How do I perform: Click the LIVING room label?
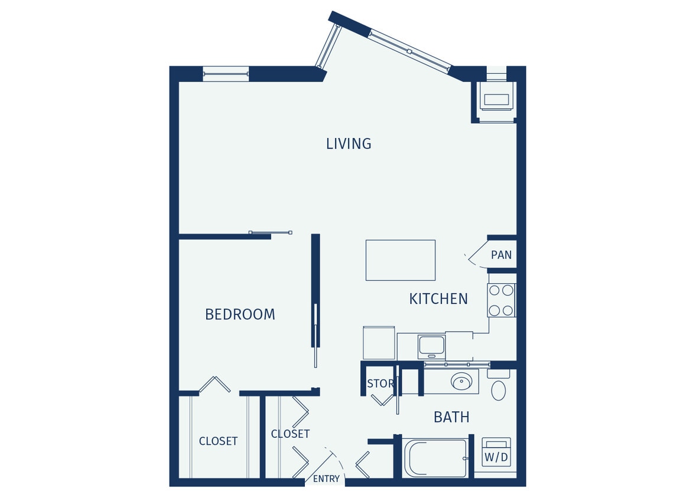tap(349, 143)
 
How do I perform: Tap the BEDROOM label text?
tap(240, 314)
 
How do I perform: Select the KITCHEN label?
tap(438, 299)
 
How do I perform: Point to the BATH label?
tap(451, 417)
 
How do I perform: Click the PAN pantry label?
tap(501, 255)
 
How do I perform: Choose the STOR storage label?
tap(380, 384)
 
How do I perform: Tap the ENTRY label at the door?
tap(326, 479)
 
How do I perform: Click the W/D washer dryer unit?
tap(496, 452)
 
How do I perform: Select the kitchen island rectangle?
tap(400, 260)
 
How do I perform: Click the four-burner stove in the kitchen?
tap(501, 300)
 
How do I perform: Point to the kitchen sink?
tap(431, 345)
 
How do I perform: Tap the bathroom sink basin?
tap(461, 382)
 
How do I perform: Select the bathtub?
tap(435, 458)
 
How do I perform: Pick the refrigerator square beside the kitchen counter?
tap(379, 342)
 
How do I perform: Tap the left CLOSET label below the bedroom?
tap(218, 441)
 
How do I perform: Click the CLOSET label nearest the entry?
tap(290, 434)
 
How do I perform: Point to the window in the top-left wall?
tap(225, 74)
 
